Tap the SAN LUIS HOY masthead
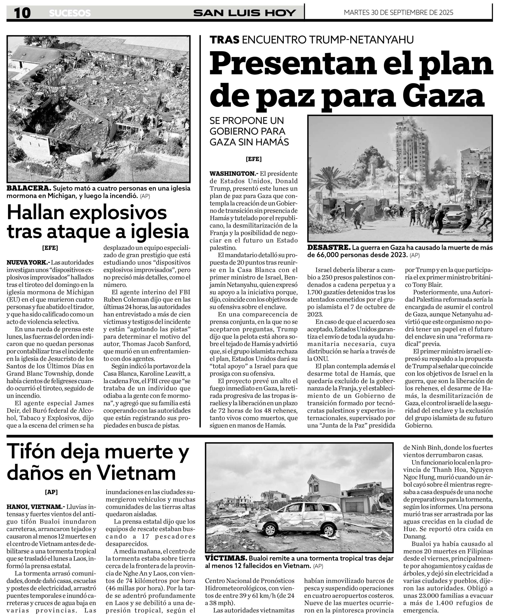click(244, 13)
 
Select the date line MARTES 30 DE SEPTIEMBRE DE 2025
click(398, 13)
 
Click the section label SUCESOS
click(70, 13)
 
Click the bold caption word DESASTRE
click(329, 247)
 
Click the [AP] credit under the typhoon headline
click(51, 492)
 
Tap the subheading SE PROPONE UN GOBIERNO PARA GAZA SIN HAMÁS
click(249, 131)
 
